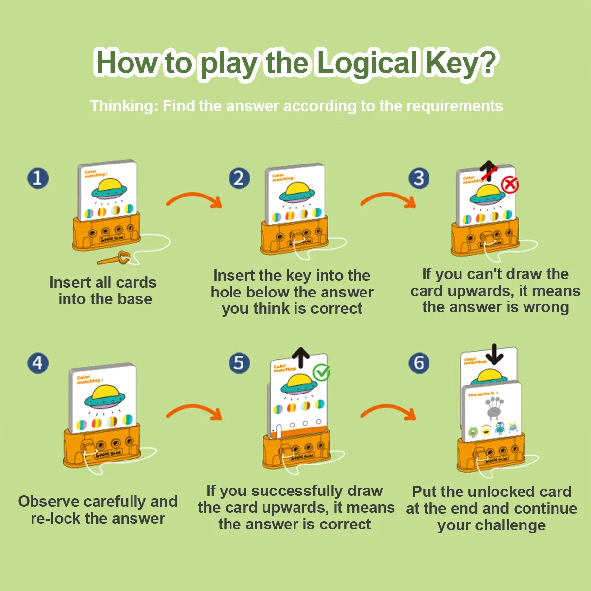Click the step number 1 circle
point(38,178)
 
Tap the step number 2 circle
point(239,178)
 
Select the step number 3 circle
point(419,178)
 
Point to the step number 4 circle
point(38,363)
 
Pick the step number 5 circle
point(239,363)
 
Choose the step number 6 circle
point(419,363)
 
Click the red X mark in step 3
point(510,185)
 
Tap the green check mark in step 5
point(322,372)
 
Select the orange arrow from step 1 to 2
point(194,199)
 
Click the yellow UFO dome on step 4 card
point(105,393)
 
